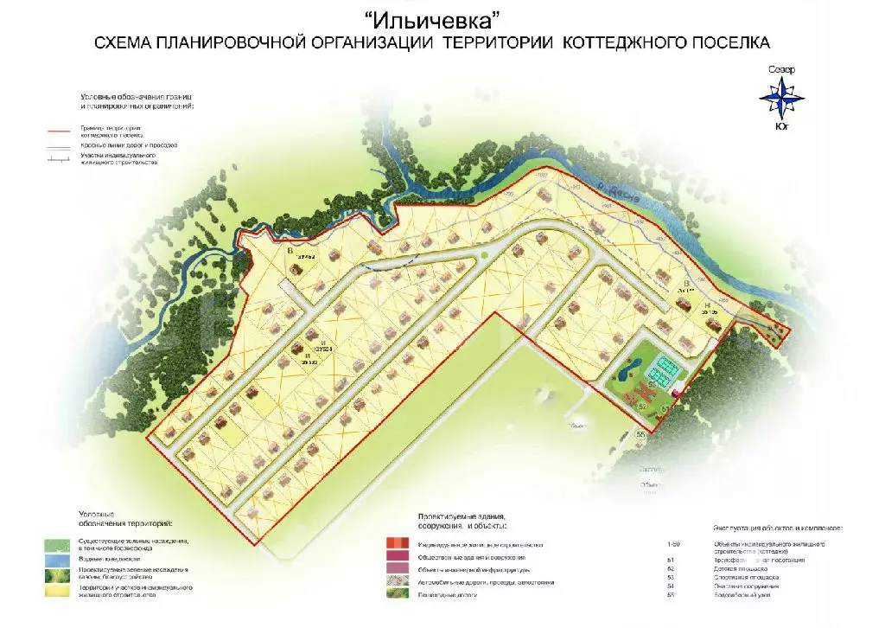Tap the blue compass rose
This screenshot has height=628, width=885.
click(780, 98)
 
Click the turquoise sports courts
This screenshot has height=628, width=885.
click(665, 371)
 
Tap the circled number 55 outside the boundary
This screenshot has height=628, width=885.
click(641, 434)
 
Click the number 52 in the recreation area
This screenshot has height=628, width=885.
click(642, 405)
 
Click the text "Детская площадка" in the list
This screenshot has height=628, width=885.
click(739, 569)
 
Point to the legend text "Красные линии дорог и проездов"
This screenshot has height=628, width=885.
click(130, 145)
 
